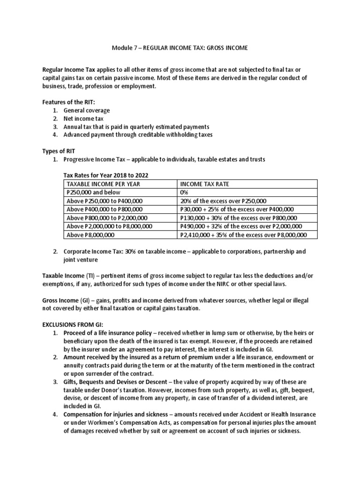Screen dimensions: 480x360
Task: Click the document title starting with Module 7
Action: tap(180, 48)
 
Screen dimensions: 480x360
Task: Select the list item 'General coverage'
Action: tap(87, 110)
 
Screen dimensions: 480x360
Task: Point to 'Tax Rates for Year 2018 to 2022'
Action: tap(108, 175)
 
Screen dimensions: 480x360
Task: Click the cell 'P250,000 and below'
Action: tap(94, 192)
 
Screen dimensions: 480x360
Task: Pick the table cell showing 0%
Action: tap(184, 192)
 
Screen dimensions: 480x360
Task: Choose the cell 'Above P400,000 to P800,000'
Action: tap(105, 209)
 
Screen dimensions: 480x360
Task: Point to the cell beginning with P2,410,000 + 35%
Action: tap(243, 235)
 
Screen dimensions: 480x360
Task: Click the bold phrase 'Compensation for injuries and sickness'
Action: tap(117, 414)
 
